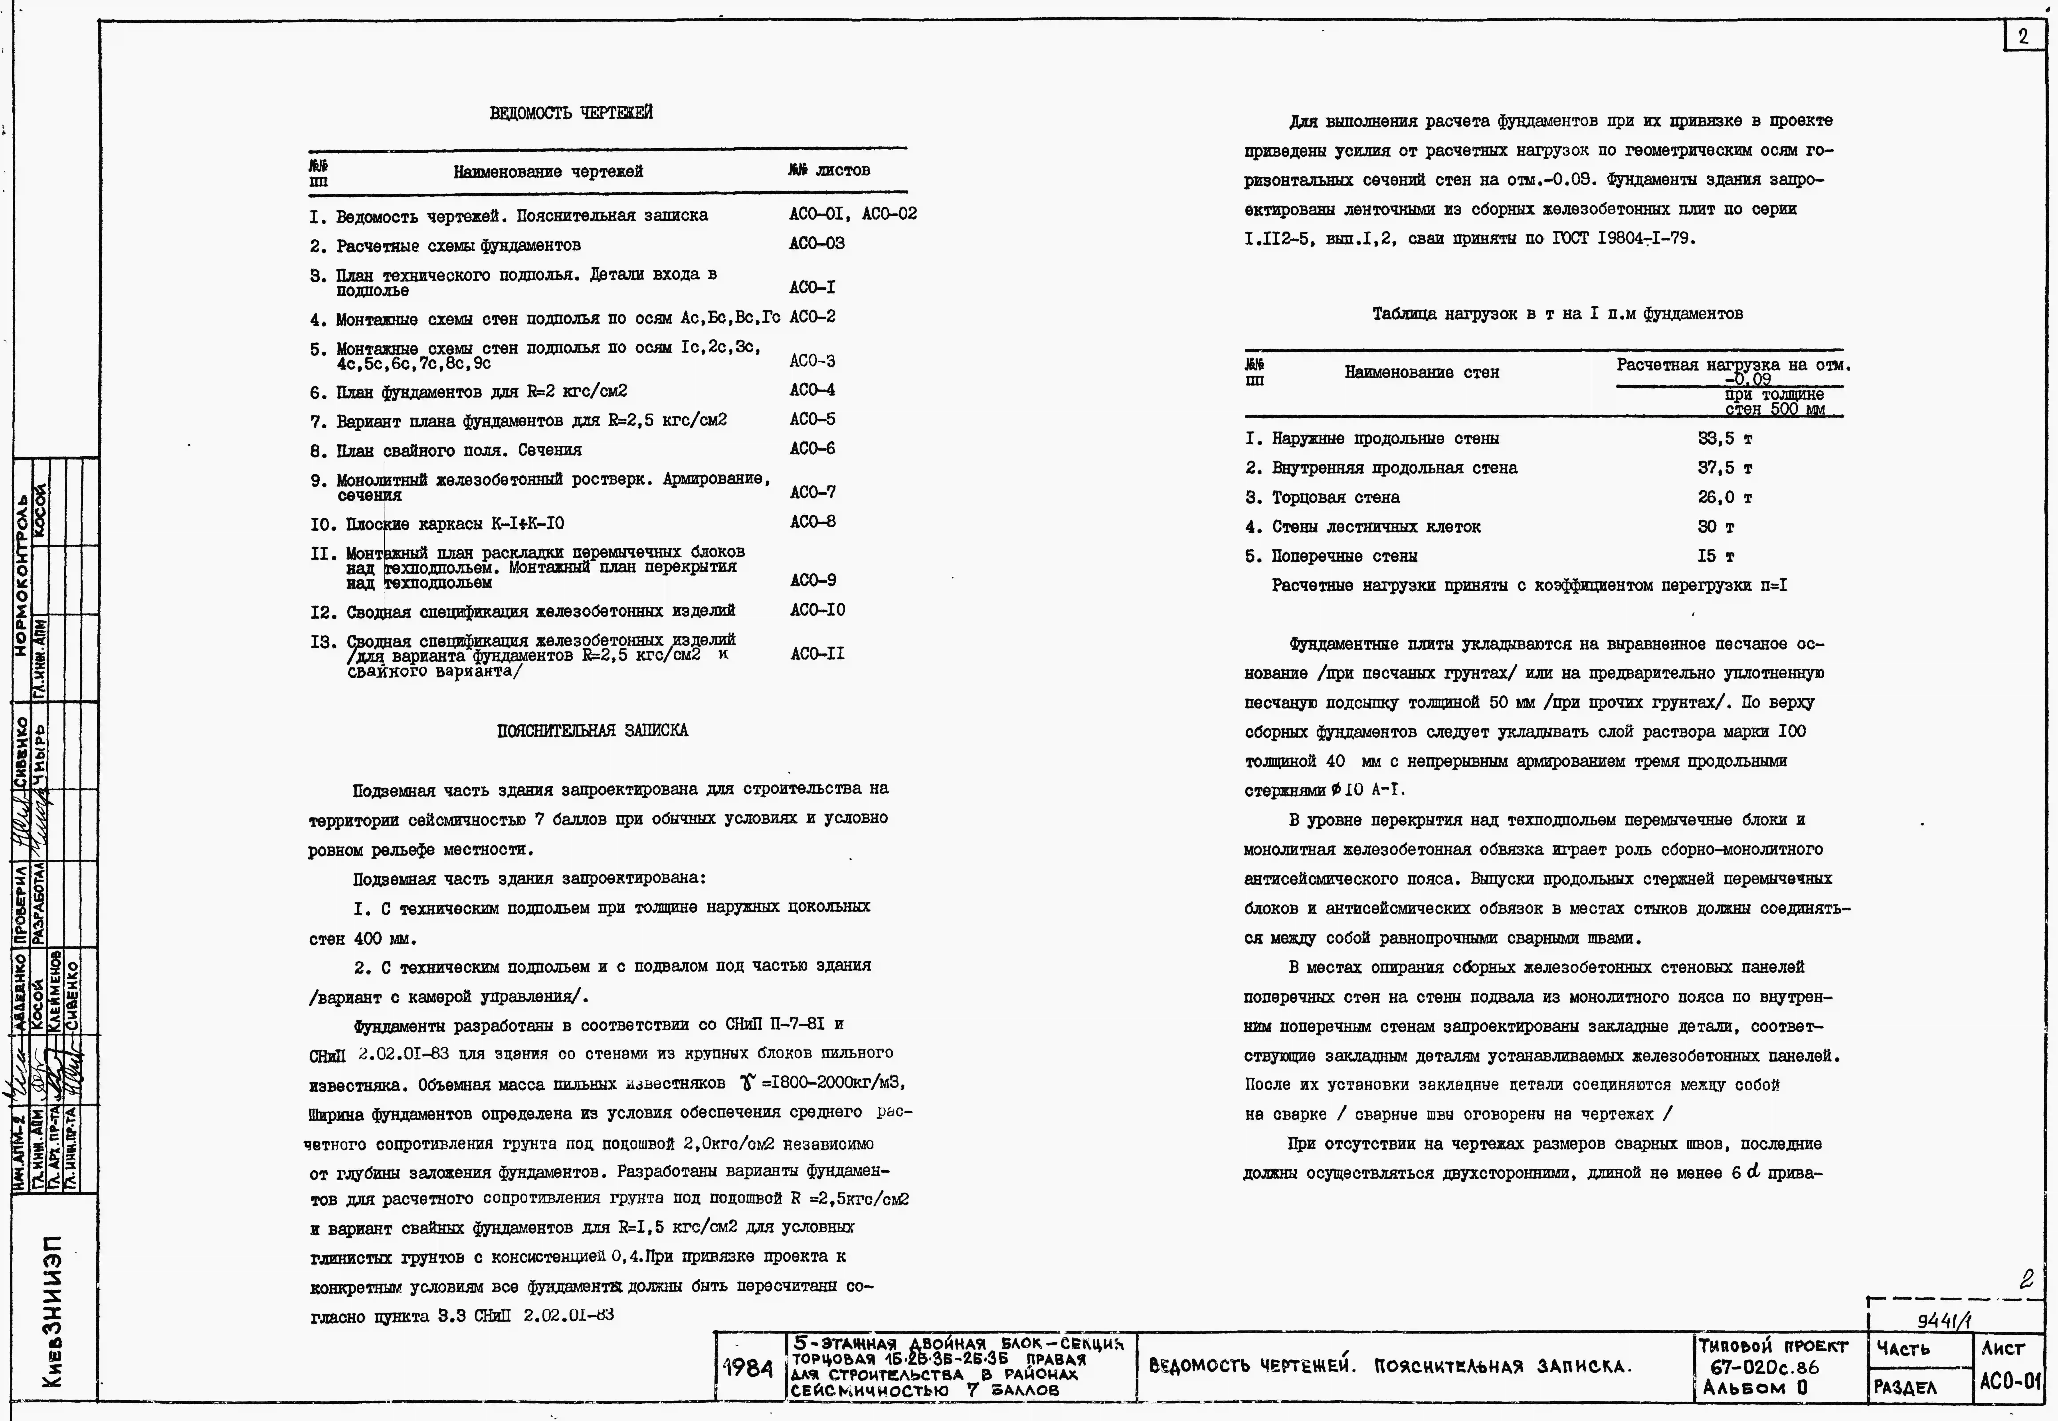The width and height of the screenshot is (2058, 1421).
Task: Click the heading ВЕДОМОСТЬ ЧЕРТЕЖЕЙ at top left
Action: point(571,113)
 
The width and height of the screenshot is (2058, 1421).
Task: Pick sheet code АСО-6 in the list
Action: point(812,449)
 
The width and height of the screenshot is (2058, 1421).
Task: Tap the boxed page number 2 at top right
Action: point(2022,36)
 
